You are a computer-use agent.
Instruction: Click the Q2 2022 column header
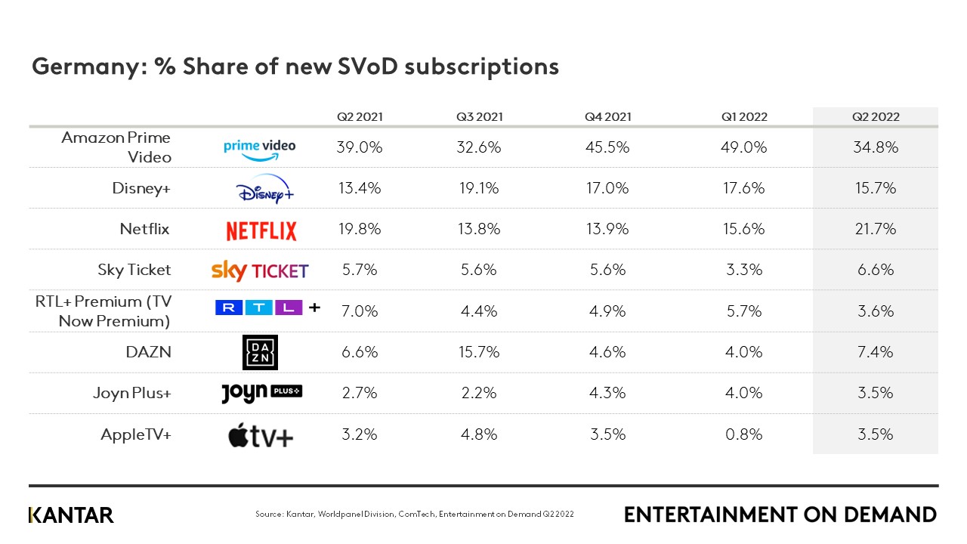coord(876,117)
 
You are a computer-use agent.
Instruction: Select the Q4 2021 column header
coord(607,117)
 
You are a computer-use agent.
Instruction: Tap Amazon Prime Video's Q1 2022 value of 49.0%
coord(744,147)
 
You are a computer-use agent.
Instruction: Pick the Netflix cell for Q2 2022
coord(876,229)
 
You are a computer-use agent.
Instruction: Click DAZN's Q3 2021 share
coord(478,351)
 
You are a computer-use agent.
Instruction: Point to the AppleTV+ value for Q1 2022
coord(744,434)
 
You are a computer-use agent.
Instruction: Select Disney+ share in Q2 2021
coord(360,188)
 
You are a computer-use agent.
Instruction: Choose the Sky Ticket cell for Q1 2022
coord(744,270)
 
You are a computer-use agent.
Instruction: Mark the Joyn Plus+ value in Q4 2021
coord(607,393)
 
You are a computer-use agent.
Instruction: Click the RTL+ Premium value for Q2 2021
coord(360,311)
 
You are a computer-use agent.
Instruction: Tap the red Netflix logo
coord(261,230)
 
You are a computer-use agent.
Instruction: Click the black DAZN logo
coord(260,352)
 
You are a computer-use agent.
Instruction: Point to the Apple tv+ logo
coord(261,435)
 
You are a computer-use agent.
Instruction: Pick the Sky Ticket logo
coord(260,270)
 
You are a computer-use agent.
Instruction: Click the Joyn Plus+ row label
coord(132,393)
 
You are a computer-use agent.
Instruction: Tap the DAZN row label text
coord(148,351)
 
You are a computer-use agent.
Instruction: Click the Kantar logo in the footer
coord(71,515)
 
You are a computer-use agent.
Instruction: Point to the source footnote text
coord(415,515)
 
